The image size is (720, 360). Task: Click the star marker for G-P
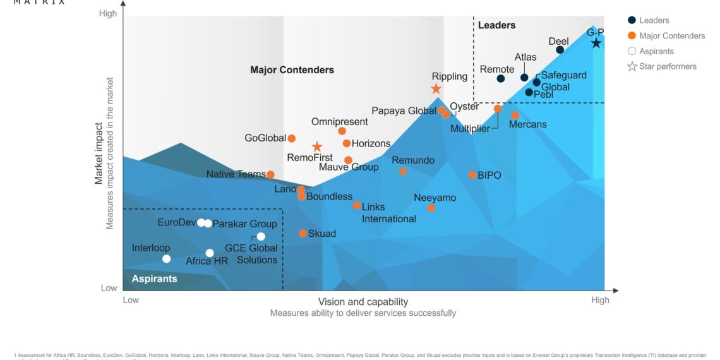(596, 43)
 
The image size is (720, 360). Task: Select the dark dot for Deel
(560, 50)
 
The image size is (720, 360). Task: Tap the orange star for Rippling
(436, 89)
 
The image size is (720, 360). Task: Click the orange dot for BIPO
(472, 175)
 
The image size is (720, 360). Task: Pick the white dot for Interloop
(166, 258)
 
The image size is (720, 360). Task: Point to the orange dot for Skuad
(303, 234)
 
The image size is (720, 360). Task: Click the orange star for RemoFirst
(317, 147)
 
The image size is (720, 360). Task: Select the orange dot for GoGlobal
(292, 138)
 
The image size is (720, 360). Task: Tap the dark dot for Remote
(500, 79)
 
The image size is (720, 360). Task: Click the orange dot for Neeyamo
(431, 208)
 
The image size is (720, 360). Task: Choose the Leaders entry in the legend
(654, 20)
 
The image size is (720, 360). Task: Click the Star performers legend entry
(667, 66)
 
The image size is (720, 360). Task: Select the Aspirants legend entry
(656, 51)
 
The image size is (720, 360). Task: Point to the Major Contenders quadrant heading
(292, 70)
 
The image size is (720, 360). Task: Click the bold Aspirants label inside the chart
(154, 279)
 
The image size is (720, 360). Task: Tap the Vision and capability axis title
(363, 302)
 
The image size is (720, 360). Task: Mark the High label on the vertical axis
(108, 13)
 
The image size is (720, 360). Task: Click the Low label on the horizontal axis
(131, 300)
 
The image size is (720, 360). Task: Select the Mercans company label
(527, 124)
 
